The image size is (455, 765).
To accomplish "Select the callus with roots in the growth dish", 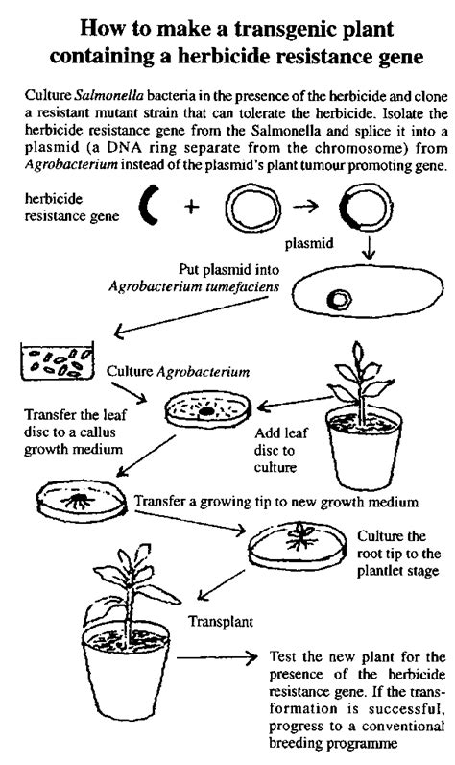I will pyautogui.click(x=81, y=501).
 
